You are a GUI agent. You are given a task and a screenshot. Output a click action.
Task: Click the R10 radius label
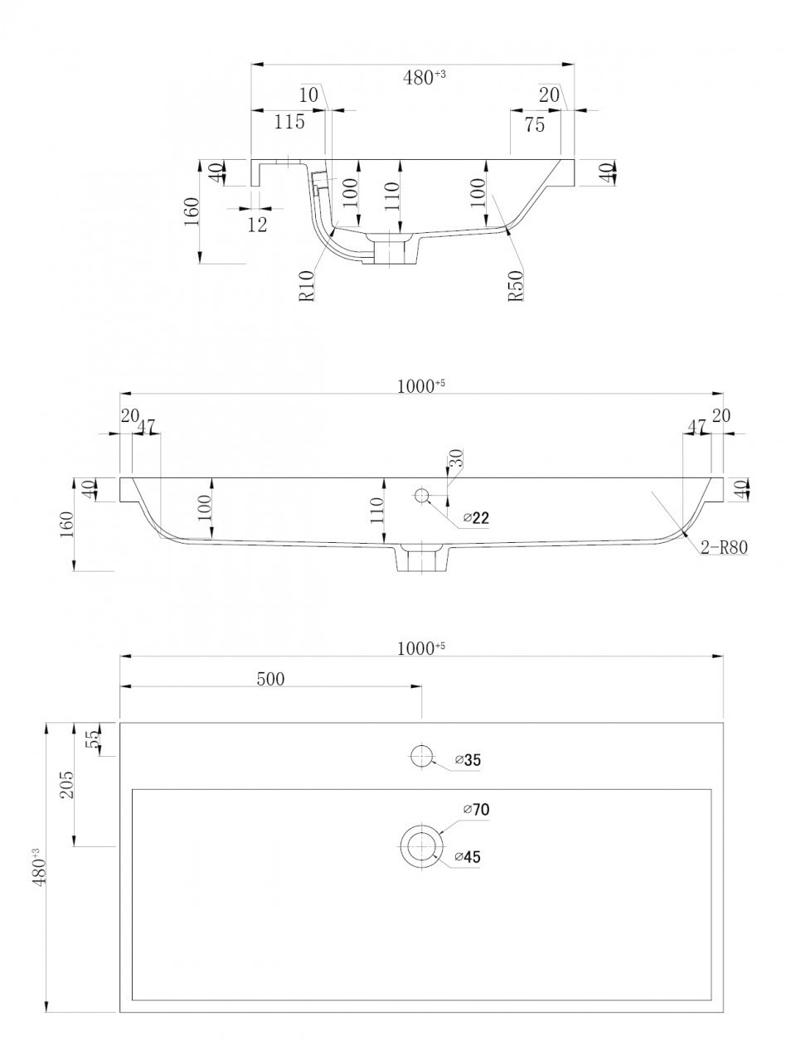(307, 285)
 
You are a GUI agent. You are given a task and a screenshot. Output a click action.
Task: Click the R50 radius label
(516, 285)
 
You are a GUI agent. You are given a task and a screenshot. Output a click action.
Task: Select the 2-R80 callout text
(725, 547)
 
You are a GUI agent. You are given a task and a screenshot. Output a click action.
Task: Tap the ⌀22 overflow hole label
(476, 518)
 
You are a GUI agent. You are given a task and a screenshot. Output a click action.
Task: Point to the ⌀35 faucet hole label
(468, 760)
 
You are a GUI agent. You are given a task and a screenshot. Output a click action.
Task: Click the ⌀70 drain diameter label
(476, 809)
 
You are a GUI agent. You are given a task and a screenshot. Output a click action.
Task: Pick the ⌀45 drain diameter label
(468, 857)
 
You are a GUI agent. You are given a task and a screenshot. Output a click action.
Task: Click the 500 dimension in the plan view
(270, 679)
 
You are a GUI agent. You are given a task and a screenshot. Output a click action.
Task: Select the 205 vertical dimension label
(66, 784)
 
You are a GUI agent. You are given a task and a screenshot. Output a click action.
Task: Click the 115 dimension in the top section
(289, 122)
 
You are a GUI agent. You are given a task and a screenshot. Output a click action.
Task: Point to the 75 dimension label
(535, 124)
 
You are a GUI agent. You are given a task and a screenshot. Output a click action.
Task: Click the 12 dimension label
(257, 225)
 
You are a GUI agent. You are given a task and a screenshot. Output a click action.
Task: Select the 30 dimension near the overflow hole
(456, 458)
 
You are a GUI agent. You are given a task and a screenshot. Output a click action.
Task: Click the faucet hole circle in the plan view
(421, 756)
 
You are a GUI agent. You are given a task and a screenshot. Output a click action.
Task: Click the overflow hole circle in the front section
(422, 495)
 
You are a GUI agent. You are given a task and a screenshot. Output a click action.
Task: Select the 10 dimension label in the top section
(308, 94)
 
